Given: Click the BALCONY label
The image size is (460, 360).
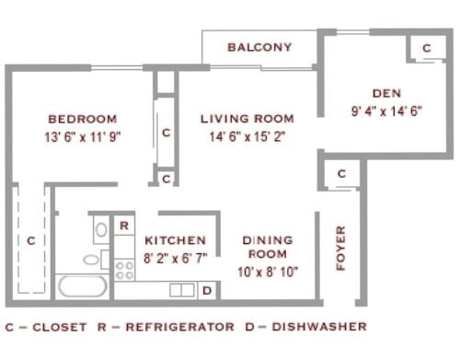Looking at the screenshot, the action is pos(259,47).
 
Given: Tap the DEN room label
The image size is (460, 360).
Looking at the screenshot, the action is pos(386,93).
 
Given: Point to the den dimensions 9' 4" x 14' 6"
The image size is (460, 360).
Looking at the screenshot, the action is pos(386,110).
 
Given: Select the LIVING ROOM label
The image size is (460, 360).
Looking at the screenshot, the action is pos(247,119).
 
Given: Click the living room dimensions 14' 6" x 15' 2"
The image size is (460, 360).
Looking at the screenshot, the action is pos(247,136).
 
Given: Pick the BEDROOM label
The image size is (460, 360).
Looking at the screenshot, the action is pos(83,119).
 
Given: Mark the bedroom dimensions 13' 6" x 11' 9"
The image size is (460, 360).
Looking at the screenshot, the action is pos(83,136).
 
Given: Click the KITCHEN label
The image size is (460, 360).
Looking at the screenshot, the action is pos(175,240).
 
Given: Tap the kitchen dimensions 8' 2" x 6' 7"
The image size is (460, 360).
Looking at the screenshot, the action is pos(176,258).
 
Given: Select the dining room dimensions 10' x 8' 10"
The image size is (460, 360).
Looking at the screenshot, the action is pos(268,272).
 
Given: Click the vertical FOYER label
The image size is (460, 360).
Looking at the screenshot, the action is pos(340,248).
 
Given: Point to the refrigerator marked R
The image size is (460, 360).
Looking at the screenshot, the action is pos(124,226).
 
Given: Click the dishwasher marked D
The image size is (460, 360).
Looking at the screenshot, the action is pos(207,290).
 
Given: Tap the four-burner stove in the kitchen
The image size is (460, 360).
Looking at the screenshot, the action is pos(124,270).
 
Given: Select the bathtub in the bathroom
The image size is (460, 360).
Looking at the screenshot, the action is pos(83,286).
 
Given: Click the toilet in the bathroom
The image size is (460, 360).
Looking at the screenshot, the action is pos(95,259).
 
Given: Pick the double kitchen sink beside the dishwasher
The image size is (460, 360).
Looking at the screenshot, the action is pos(182,290).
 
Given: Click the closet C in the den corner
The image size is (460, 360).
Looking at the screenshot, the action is pos(427,48).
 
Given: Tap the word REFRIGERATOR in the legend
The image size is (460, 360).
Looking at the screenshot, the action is pos(180,327).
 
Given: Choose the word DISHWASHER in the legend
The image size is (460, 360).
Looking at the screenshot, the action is pos(319,327).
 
